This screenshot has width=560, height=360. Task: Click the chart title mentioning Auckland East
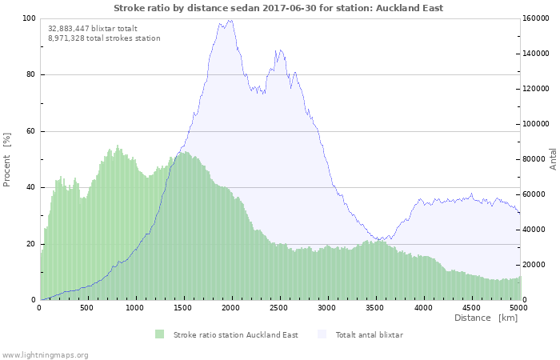(278, 8)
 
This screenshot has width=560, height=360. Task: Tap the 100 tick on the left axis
(30, 18)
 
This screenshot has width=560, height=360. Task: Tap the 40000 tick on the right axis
(536, 230)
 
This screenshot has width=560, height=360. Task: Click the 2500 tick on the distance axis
(279, 307)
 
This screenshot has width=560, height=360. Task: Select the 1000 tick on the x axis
(135, 307)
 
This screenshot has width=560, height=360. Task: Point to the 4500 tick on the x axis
(471, 307)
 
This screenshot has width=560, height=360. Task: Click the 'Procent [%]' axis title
(7, 159)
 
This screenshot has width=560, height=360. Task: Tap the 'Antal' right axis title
(553, 158)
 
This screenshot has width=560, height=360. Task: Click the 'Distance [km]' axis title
(486, 318)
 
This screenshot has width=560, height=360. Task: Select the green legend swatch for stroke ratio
(160, 334)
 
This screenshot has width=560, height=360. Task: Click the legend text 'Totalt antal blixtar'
(369, 334)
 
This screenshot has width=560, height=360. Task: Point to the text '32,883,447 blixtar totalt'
(93, 28)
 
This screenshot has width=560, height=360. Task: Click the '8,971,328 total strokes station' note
(104, 38)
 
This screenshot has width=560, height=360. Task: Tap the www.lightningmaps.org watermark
(45, 354)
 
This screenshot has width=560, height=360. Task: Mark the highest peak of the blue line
(230, 20)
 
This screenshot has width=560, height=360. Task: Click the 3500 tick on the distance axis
(375, 307)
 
